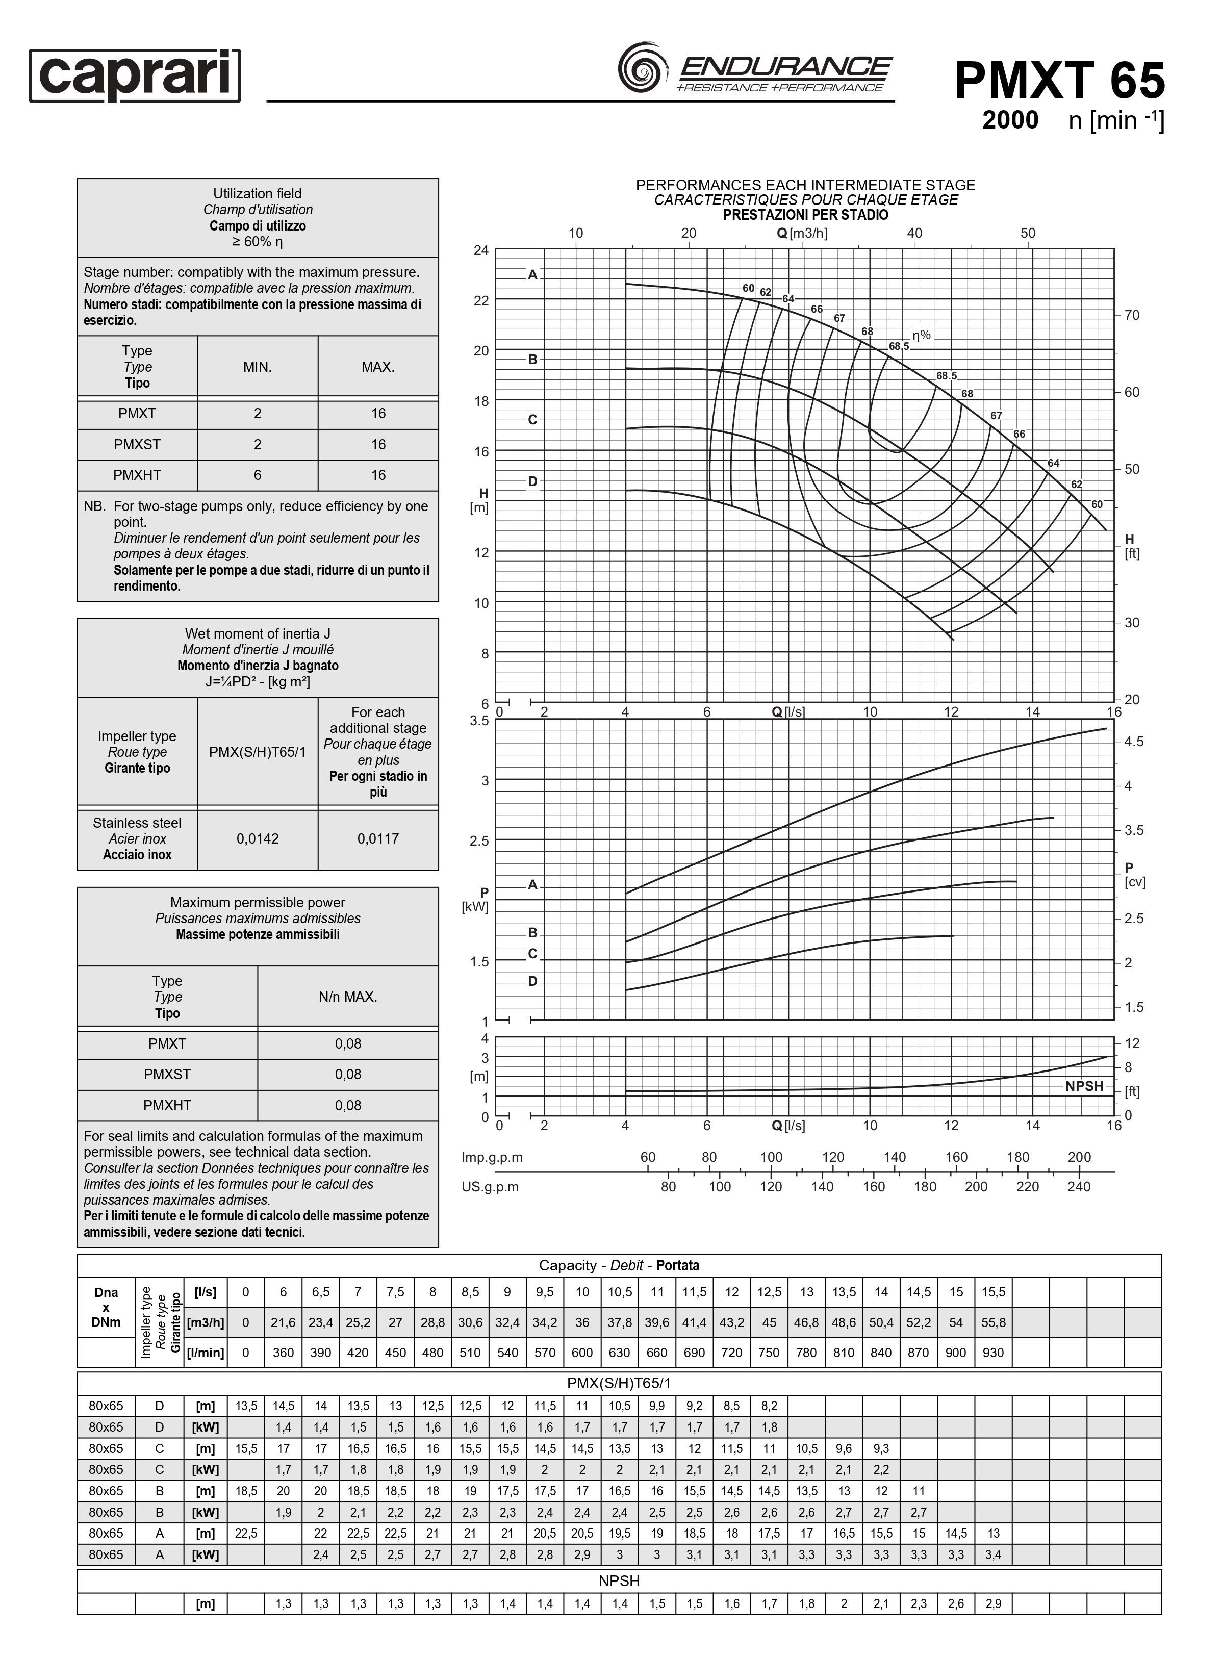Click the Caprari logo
135,75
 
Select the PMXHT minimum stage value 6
258,475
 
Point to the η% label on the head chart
921,335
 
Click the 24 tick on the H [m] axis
481,251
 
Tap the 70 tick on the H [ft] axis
1132,316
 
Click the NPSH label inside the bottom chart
1084,1086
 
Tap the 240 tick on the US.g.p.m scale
1079,1187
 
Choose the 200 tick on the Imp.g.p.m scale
1079,1157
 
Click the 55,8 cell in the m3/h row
992,1322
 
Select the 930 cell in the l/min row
992,1352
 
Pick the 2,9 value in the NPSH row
992,1604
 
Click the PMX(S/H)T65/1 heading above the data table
619,1383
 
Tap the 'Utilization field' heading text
258,194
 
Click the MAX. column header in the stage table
378,367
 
